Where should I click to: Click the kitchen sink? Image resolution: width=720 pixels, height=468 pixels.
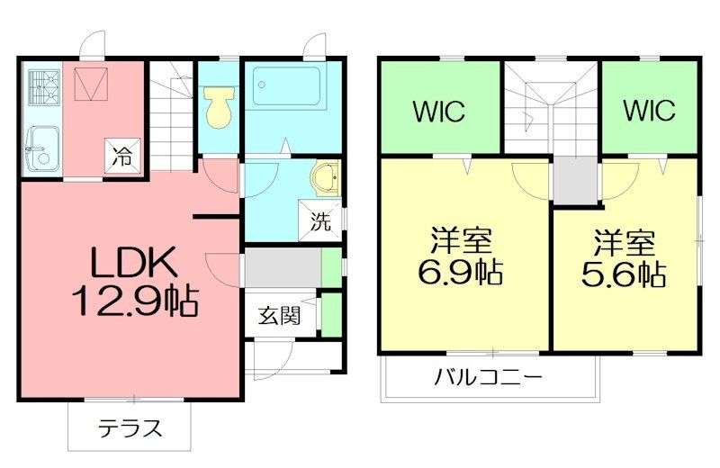[x=40, y=147]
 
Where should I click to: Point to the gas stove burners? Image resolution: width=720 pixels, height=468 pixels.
[x=40, y=87]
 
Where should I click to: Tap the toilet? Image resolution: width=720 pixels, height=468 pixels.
[x=217, y=106]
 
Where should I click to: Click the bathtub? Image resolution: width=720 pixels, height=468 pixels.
[x=286, y=87]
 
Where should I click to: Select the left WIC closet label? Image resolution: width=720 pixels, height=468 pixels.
[x=438, y=112]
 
